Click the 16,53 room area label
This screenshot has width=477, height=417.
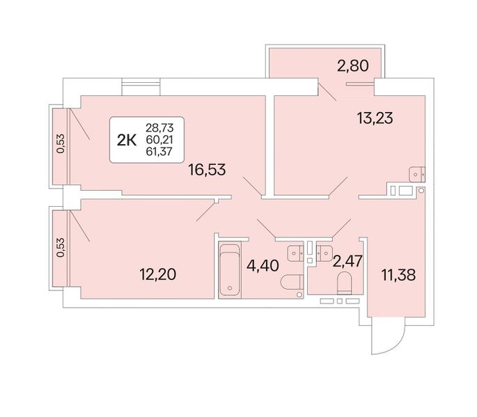pyautogui.click(x=207, y=170)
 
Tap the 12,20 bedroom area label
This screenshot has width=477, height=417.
pyautogui.click(x=158, y=274)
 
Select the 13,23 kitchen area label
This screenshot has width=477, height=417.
pyautogui.click(x=375, y=118)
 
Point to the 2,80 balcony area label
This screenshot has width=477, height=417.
pyautogui.click(x=353, y=65)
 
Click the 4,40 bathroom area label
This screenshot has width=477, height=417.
pyautogui.click(x=263, y=266)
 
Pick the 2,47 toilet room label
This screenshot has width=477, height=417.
pyautogui.click(x=347, y=261)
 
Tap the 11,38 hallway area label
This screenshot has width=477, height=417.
pyautogui.click(x=398, y=275)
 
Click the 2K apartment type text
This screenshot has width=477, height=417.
pyautogui.click(x=127, y=140)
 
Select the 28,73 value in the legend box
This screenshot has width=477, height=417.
pyautogui.click(x=159, y=127)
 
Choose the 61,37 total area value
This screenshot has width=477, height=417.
pyautogui.click(x=159, y=151)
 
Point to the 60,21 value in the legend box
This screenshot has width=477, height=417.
pyautogui.click(x=159, y=139)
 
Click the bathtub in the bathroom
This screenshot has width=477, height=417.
pyautogui.click(x=230, y=269)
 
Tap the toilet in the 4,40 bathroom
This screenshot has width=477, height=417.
pyautogui.click(x=292, y=282)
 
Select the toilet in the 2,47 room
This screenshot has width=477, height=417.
pyautogui.click(x=345, y=283)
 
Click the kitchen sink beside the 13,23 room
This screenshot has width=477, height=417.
pyautogui.click(x=417, y=174)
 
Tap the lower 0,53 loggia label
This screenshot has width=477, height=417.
pyautogui.click(x=61, y=247)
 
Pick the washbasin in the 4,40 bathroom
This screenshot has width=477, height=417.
pyautogui.click(x=295, y=253)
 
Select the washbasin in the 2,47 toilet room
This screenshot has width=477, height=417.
pyautogui.click(x=324, y=253)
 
